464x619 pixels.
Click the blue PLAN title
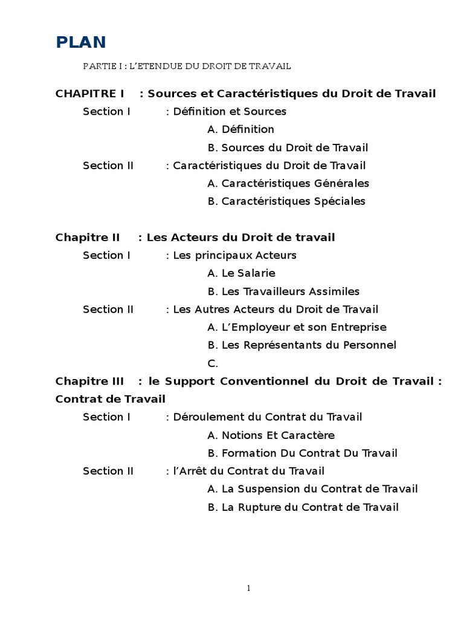click(81, 42)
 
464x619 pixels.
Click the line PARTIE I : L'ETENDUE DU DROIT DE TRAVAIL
click(187, 65)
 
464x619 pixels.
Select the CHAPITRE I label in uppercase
click(89, 93)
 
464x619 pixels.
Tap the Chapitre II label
click(88, 237)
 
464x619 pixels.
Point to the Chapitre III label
click(89, 381)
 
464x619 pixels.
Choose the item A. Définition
click(240, 129)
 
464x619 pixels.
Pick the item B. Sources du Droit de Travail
click(288, 147)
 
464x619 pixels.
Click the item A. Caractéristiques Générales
click(288, 183)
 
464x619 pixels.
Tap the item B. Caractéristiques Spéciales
click(286, 201)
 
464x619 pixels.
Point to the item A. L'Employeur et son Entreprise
click(297, 327)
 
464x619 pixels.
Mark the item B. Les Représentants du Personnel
click(301, 345)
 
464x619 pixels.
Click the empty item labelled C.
click(212, 363)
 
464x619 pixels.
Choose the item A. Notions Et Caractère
click(271, 435)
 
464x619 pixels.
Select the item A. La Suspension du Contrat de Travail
click(312, 489)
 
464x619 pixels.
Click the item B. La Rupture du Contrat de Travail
click(303, 507)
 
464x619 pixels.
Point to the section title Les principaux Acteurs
click(235, 255)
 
